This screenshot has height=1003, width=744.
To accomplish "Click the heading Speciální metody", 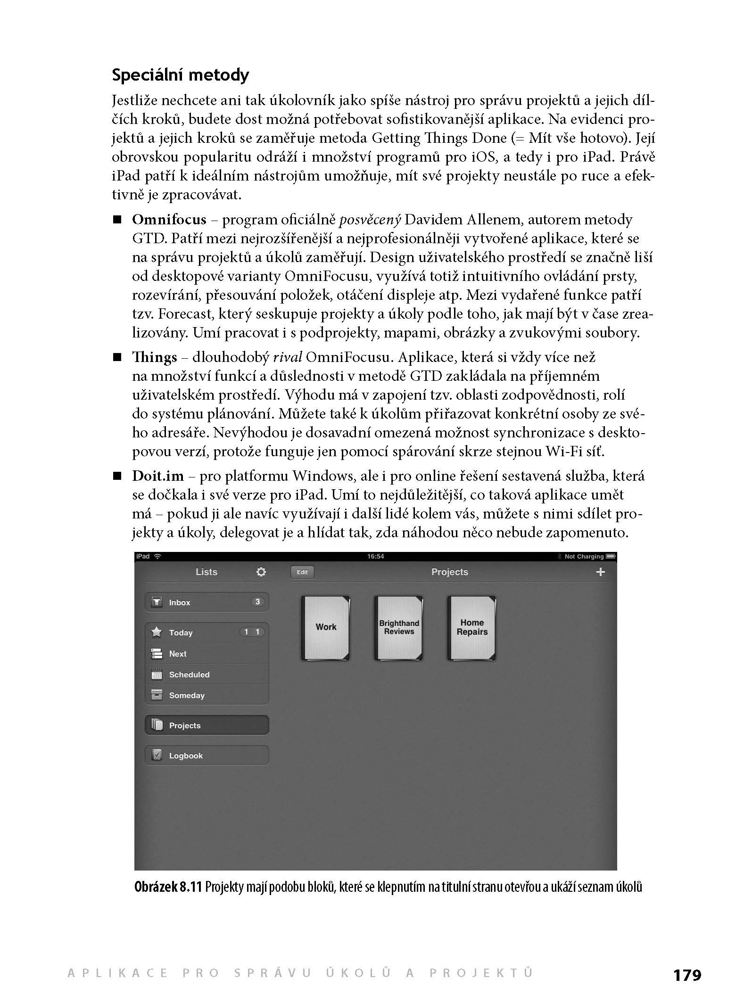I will [181, 75].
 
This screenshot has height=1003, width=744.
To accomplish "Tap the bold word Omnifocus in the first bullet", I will [169, 220].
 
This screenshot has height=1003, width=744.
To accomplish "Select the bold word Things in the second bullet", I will [155, 357].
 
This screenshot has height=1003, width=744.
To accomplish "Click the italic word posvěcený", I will [370, 220].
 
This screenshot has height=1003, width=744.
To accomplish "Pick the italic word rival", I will [287, 357].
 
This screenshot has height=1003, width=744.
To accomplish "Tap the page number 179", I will [687, 975].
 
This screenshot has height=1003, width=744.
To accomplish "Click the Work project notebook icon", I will [326, 628].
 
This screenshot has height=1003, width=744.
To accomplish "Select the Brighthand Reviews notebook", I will [399, 628].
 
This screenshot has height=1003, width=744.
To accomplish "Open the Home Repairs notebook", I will [472, 628].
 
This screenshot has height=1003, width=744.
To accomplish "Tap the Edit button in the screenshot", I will [302, 572].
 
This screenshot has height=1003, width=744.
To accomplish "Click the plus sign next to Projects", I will [600, 572].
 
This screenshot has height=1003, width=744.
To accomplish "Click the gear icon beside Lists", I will [261, 572].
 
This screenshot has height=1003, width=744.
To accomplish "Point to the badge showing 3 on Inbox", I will [257, 602].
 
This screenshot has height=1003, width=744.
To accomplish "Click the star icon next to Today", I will [157, 632].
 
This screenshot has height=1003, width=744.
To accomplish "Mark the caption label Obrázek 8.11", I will [168, 888].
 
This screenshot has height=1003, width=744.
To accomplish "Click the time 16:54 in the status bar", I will [375, 557].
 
